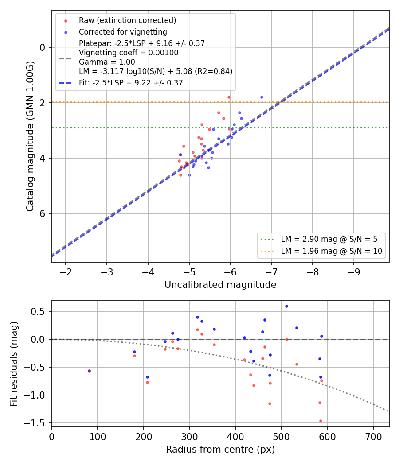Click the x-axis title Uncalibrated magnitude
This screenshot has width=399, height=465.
tap(220, 285)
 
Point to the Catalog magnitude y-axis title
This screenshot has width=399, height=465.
tap(30, 136)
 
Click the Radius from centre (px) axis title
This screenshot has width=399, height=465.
tap(220, 449)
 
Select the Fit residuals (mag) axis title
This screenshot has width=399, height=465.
tap(14, 364)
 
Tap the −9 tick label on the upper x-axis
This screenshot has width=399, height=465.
tap(354, 272)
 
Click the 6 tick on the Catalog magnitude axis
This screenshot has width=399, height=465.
tap(43, 213)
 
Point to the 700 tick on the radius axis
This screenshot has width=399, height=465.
tap(373, 437)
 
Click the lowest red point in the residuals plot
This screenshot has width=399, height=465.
tap(321, 421)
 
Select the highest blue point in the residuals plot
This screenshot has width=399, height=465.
tap(286, 306)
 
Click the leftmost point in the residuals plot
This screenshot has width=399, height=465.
tap(89, 371)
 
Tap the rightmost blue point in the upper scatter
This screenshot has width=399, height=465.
tap(262, 97)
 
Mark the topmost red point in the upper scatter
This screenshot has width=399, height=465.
tap(229, 97)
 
